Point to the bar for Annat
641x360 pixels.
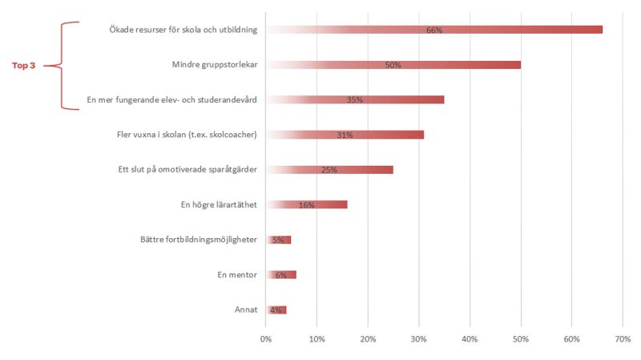tap(276, 309)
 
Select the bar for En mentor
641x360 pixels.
tap(281, 274)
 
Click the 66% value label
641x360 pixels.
tap(434, 30)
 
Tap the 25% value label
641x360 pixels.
tap(329, 170)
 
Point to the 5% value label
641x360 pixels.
tap(278, 240)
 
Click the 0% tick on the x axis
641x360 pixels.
tap(266, 340)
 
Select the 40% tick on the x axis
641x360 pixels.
tap(470, 340)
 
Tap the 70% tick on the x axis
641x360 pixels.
tap(623, 340)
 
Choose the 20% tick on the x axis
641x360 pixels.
tap(368, 340)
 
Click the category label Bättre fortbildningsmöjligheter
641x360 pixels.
tap(198, 240)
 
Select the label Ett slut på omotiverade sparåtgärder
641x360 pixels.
tap(187, 170)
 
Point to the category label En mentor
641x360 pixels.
tap(237, 275)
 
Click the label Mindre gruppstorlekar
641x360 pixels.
tap(215, 65)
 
